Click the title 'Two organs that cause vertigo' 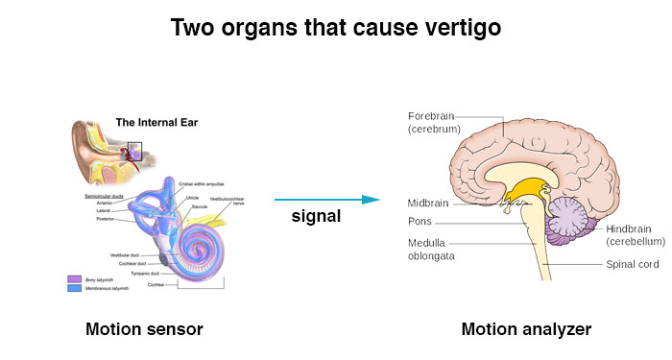click(336, 28)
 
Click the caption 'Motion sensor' click(144, 329)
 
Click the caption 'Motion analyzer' click(526, 329)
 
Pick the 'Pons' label click(420, 221)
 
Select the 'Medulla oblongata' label click(431, 250)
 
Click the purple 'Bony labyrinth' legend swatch click(74, 279)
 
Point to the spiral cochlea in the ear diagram click(196, 247)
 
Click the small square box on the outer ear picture click(135, 151)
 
